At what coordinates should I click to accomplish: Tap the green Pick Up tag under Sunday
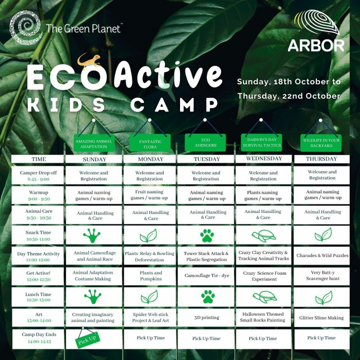(88, 339)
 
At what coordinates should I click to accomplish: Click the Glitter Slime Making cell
(322, 318)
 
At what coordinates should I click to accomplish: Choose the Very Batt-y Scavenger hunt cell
(322, 276)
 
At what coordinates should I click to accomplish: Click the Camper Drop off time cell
(38, 176)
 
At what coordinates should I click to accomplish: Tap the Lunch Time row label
(38, 297)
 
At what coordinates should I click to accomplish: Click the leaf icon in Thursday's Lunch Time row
(324, 297)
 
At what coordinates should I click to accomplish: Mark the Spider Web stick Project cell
(149, 318)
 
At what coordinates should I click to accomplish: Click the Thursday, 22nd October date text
(288, 96)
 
